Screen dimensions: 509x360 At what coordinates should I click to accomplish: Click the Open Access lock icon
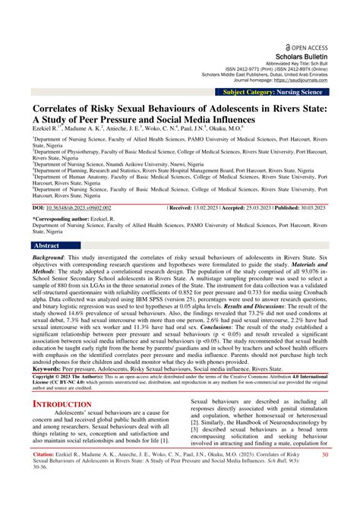click(x=285, y=6)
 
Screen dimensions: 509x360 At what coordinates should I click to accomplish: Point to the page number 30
click(x=324, y=476)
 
